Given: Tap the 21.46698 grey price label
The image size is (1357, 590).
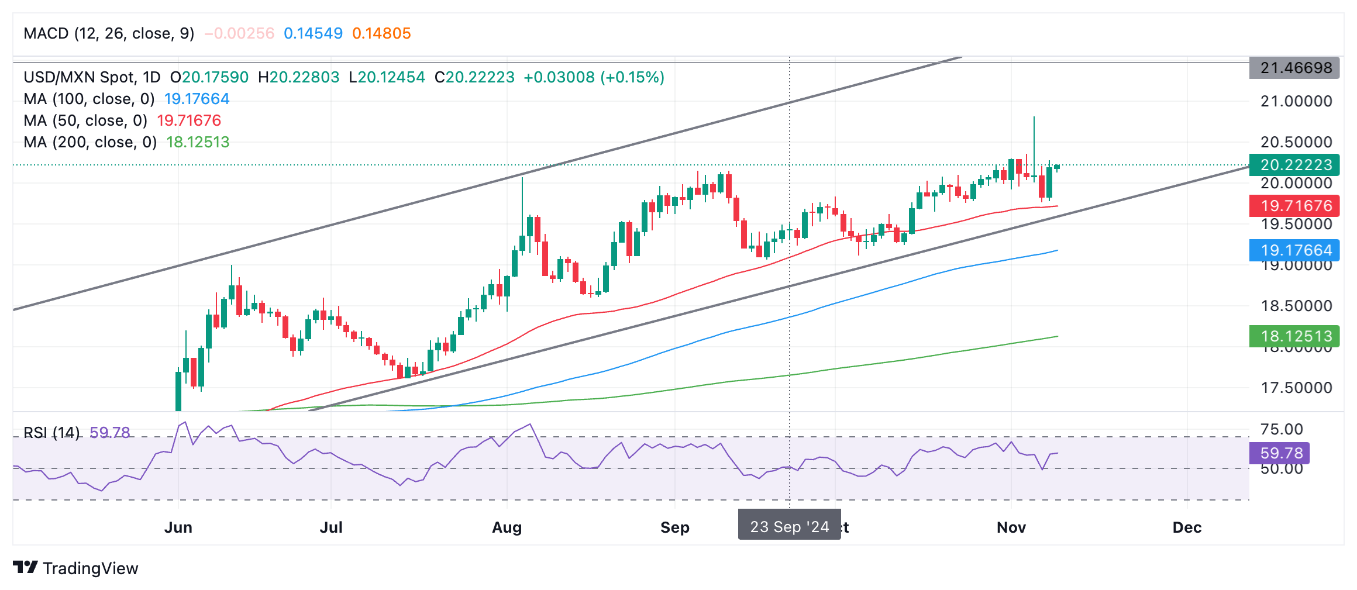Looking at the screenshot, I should tap(1295, 68).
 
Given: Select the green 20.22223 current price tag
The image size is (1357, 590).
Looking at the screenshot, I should tap(1295, 165).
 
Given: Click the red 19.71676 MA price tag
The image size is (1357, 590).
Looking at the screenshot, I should tap(1295, 206).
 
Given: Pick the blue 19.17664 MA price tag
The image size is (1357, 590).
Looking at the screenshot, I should tap(1295, 250).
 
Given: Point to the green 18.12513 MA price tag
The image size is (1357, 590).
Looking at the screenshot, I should tap(1295, 336).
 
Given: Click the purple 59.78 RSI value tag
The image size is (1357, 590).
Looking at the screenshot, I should tap(1280, 453).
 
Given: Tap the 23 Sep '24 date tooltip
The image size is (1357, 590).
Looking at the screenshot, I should tap(789, 526).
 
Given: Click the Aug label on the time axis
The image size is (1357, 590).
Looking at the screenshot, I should tap(507, 527).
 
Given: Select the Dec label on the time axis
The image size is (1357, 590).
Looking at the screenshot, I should tap(1187, 527).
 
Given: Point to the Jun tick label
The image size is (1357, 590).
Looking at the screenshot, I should tap(178, 527).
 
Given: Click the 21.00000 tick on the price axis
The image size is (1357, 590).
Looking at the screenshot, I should tap(1296, 101).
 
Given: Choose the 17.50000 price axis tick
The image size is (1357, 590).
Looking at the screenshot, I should tap(1296, 388).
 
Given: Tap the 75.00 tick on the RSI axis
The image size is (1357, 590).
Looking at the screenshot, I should tap(1282, 429).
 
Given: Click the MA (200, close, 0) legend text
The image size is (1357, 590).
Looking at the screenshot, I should tap(90, 142).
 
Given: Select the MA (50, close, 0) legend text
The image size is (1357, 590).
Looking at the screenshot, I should tap(85, 120).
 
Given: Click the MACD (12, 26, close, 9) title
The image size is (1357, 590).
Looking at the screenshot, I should tap(109, 33).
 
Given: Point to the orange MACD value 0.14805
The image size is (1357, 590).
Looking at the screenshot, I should tap(381, 33).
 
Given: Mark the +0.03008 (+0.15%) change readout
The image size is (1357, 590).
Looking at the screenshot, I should tap(594, 77).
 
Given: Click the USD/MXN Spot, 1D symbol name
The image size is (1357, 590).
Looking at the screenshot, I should tap(92, 77).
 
